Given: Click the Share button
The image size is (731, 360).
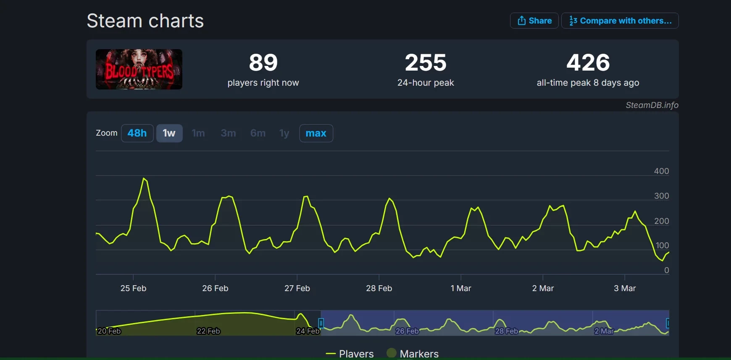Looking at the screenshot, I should pyautogui.click(x=534, y=21).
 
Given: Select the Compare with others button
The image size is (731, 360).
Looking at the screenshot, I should pyautogui.click(x=620, y=21).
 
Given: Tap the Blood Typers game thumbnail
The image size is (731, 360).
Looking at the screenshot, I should pyautogui.click(x=139, y=69).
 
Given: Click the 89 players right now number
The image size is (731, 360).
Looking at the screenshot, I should pyautogui.click(x=263, y=63).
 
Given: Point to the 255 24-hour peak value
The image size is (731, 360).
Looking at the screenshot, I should pyautogui.click(x=426, y=63).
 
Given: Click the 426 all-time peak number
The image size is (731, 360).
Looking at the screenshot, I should pyautogui.click(x=588, y=63).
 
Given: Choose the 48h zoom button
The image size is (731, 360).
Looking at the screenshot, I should pyautogui.click(x=137, y=133).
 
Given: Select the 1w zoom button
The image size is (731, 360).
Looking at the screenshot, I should pyautogui.click(x=169, y=133).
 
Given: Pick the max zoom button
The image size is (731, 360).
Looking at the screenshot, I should pyautogui.click(x=316, y=133).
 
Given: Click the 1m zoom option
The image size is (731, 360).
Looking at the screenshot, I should pyautogui.click(x=198, y=133).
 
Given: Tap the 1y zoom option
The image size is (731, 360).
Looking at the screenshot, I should pyautogui.click(x=284, y=133).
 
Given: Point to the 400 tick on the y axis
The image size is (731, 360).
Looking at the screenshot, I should pyautogui.click(x=661, y=171).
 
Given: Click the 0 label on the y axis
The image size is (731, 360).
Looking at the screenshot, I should pyautogui.click(x=666, y=270).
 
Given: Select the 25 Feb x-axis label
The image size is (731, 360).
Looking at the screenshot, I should pyautogui.click(x=133, y=288).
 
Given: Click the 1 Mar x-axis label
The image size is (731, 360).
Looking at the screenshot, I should pyautogui.click(x=461, y=288).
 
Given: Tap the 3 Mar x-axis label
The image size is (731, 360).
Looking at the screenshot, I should pyautogui.click(x=625, y=288).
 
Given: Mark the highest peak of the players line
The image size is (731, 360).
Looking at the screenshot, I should pyautogui.click(x=144, y=179).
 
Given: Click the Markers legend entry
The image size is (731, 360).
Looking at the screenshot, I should pyautogui.click(x=413, y=354).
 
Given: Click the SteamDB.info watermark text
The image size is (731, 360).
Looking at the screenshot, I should pyautogui.click(x=652, y=105).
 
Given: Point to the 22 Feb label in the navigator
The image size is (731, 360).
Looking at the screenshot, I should pyautogui.click(x=208, y=331).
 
